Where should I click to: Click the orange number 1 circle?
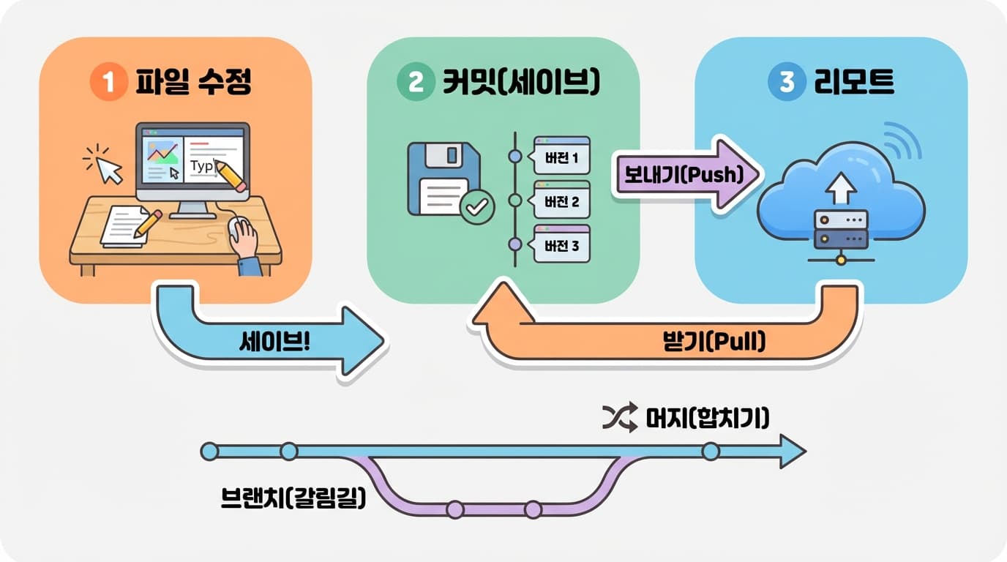coord(108,82)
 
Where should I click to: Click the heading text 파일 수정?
coord(193,82)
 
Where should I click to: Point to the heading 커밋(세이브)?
coord(520,82)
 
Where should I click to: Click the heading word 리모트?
coord(854,82)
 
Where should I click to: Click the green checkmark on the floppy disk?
coord(477,208)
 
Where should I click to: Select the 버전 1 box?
coord(561,157)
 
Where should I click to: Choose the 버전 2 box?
coord(561,201)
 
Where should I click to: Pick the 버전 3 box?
coord(561,245)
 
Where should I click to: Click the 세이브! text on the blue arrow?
coord(274,341)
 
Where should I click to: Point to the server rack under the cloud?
coord(841,230)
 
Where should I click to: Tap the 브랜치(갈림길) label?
coord(293,499)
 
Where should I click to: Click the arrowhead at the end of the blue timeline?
coord(792,452)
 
